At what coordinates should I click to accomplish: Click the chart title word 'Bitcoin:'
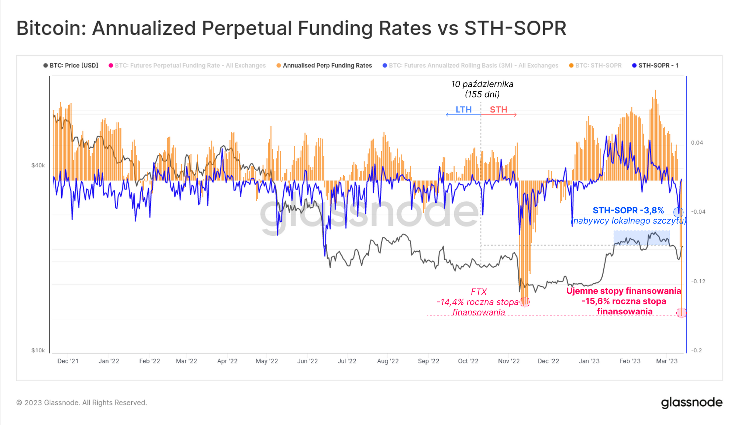pyautogui.click(x=51, y=28)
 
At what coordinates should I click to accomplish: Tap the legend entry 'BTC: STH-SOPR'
pyautogui.click(x=598, y=65)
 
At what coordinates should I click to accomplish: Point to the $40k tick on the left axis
pyautogui.click(x=38, y=165)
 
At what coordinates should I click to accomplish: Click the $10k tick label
pyautogui.click(x=38, y=350)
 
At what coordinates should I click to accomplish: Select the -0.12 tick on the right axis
pyautogui.click(x=698, y=281)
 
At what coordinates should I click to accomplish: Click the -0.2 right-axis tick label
pyautogui.click(x=696, y=350)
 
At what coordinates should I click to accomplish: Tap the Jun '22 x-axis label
pyautogui.click(x=307, y=361)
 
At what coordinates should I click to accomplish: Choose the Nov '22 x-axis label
pyautogui.click(x=508, y=361)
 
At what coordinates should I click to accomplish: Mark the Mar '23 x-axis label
pyautogui.click(x=666, y=361)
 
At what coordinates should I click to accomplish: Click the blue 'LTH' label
pyautogui.click(x=463, y=110)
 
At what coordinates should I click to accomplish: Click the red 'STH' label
pyautogui.click(x=499, y=110)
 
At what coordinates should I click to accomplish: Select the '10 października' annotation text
pyautogui.click(x=482, y=84)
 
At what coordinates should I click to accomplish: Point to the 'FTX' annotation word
pyautogui.click(x=479, y=292)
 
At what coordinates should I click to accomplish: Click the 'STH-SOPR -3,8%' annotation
pyautogui.click(x=628, y=210)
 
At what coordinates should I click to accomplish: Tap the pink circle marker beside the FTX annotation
pyautogui.click(x=525, y=302)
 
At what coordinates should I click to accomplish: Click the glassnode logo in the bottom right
pyautogui.click(x=692, y=402)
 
